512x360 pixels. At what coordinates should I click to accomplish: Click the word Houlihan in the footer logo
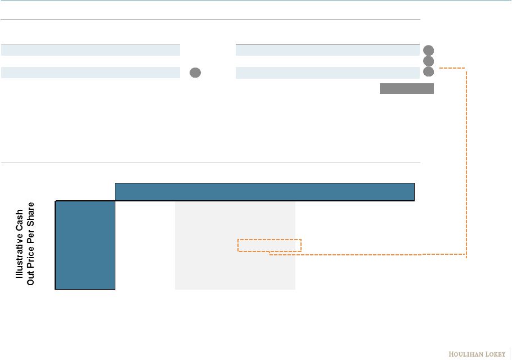tap(465, 354)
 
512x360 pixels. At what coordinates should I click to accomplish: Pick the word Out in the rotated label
tap(31, 276)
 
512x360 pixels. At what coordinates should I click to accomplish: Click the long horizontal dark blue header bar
tap(264, 192)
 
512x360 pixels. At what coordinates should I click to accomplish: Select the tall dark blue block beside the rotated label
tap(85, 245)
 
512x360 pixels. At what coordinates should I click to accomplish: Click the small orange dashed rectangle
tap(270, 245)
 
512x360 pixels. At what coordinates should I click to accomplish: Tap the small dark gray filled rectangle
tap(406, 88)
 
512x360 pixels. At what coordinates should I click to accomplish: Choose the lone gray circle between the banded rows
tap(195, 72)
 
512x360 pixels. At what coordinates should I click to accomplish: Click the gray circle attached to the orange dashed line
tap(428, 71)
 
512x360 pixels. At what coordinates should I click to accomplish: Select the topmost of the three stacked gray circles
tap(428, 49)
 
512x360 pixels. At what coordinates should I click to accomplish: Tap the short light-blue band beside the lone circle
tap(90, 72)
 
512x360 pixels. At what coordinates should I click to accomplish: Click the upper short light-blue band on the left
tap(90, 49)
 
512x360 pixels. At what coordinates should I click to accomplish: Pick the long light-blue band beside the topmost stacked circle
tap(327, 49)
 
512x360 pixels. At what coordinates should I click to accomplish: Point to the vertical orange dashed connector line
tap(466, 163)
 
